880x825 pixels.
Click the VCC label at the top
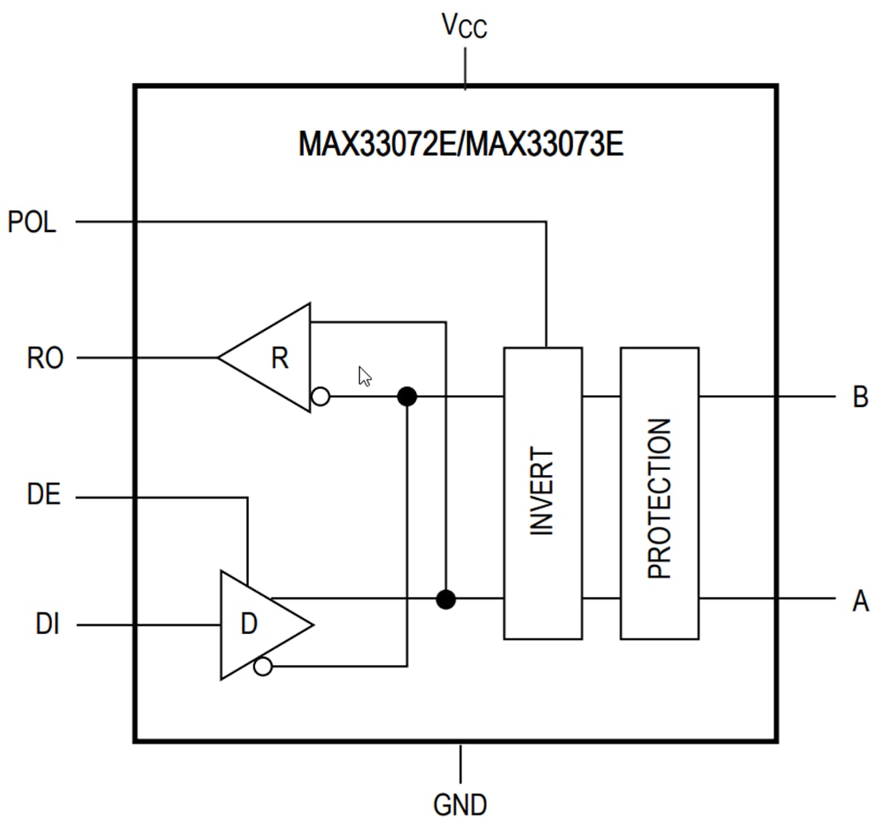click(465, 27)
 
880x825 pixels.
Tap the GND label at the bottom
click(460, 803)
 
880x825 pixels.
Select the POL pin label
click(32, 222)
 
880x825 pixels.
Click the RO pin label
click(45, 358)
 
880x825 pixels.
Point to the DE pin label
click(43, 495)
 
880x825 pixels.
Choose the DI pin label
click(47, 624)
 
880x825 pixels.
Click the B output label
click(860, 397)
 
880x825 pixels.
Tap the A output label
click(860, 600)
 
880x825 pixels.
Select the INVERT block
click(542, 493)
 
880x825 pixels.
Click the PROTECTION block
click(659, 493)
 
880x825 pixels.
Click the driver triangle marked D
click(256, 624)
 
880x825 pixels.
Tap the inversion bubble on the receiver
click(320, 396)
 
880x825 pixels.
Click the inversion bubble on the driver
click(262, 666)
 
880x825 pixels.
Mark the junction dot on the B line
click(407, 396)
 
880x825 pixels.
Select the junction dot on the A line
click(446, 599)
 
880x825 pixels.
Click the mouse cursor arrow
click(364, 376)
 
